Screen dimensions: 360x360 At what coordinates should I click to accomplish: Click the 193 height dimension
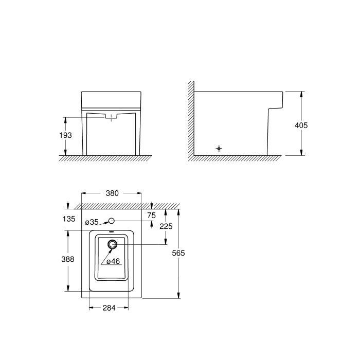(66, 135)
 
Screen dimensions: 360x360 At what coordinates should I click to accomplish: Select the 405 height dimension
(301, 125)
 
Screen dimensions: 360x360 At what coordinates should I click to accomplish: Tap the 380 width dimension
(112, 193)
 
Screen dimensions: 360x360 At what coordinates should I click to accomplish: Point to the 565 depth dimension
(178, 253)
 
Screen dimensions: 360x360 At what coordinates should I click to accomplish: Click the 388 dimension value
(68, 259)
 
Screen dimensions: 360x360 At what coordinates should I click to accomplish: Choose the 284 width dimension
(109, 308)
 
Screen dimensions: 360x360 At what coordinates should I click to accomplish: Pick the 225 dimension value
(166, 226)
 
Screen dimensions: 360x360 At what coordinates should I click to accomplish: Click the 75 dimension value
(152, 215)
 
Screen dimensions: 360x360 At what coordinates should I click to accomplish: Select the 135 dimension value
(69, 219)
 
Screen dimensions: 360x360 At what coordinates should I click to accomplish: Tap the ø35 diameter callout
(92, 222)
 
